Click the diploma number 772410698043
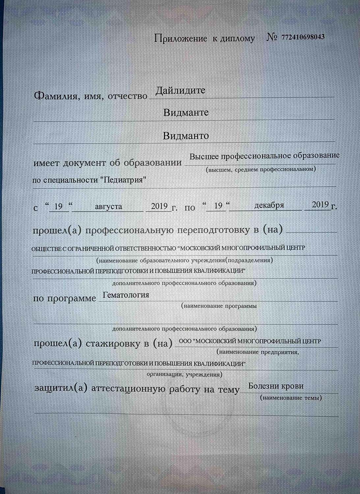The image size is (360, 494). pyautogui.click(x=303, y=37)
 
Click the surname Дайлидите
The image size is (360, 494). pyautogui.click(x=180, y=90)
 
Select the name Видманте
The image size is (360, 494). pyautogui.click(x=186, y=113)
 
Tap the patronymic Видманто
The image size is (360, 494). pyautogui.click(x=186, y=136)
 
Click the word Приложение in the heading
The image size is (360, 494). pyautogui.click(x=180, y=39)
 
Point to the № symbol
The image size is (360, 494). pyautogui.click(x=272, y=37)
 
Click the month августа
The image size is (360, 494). pyautogui.click(x=108, y=206)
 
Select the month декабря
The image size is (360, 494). pyautogui.click(x=269, y=205)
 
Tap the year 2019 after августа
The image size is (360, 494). pyautogui.click(x=159, y=206)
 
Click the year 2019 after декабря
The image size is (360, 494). pyautogui.click(x=320, y=205)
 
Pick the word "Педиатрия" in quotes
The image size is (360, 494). pyautogui.click(x=123, y=180)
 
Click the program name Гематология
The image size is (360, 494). pyautogui.click(x=126, y=295)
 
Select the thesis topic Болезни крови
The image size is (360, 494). pyautogui.click(x=276, y=386)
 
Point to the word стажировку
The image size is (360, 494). pyautogui.click(x=113, y=344)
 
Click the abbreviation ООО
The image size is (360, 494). pyautogui.click(x=185, y=342)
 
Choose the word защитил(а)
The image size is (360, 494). pyautogui.click(x=61, y=388)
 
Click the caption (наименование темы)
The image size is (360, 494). pyautogui.click(x=291, y=398)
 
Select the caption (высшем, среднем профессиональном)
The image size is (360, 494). pyautogui.click(x=261, y=169)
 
